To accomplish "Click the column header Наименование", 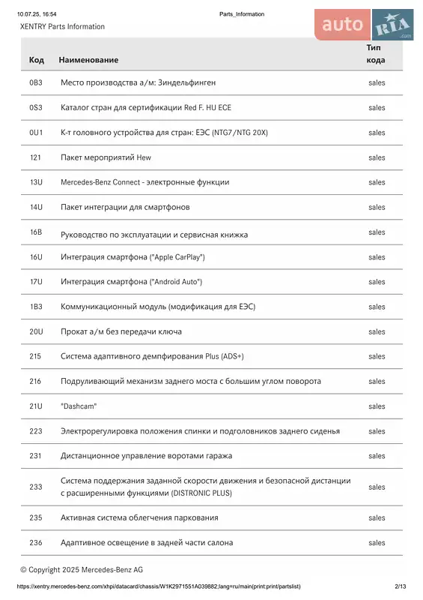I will pyautogui.click(x=88, y=59).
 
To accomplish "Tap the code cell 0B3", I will pyautogui.click(x=36, y=82).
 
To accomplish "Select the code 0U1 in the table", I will pyautogui.click(x=36, y=133).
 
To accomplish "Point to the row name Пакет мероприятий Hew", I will pyautogui.click(x=106, y=157).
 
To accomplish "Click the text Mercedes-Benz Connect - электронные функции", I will pyautogui.click(x=144, y=182).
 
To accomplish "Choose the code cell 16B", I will pyautogui.click(x=36, y=232).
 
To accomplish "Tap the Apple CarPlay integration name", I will pyautogui.click(x=133, y=257).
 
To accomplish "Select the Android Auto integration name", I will pyautogui.click(x=131, y=282).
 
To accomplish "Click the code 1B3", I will pyautogui.click(x=36, y=307).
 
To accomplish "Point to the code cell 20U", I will pyautogui.click(x=36, y=331).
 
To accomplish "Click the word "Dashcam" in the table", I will pyautogui.click(x=79, y=406).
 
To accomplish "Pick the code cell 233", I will pyautogui.click(x=35, y=487).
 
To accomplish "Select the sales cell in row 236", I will pyautogui.click(x=377, y=542).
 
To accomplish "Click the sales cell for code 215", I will pyautogui.click(x=377, y=356).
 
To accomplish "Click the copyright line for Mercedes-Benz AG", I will pyautogui.click(x=82, y=570).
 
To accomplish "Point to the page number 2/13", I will pyautogui.click(x=400, y=586).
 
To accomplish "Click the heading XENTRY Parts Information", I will pyautogui.click(x=62, y=27).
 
